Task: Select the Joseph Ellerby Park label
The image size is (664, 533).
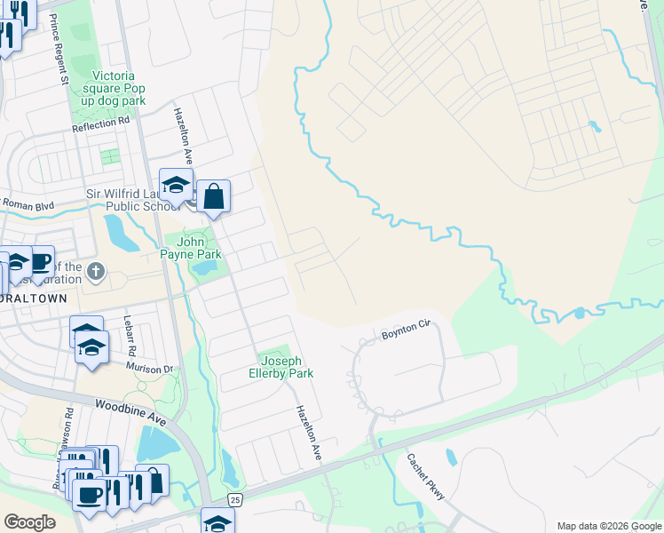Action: coord(281,368)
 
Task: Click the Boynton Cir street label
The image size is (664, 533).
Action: coord(406,333)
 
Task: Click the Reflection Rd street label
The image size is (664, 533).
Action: coord(100,124)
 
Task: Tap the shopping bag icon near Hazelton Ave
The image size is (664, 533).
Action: coord(214,195)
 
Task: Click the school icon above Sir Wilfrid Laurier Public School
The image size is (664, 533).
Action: coord(176,185)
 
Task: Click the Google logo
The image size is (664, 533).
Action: coord(29,522)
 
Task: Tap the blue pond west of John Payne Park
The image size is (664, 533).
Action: coord(115,233)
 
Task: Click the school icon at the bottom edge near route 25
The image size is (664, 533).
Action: coord(217,522)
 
